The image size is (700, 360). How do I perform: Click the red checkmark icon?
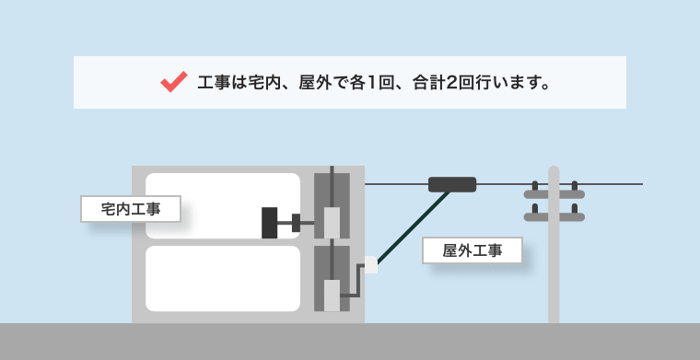click(x=174, y=82)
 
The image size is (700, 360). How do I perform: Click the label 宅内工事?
click(x=131, y=209)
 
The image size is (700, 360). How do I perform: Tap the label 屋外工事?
click(x=472, y=250)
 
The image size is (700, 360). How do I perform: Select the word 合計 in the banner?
click(x=428, y=83)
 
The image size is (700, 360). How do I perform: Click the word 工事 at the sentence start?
click(x=214, y=83)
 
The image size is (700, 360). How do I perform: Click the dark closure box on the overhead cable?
click(x=452, y=184)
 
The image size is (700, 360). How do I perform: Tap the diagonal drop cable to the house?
click(x=414, y=227)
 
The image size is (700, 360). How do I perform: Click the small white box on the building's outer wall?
click(x=371, y=264)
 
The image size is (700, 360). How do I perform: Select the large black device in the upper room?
click(x=269, y=223)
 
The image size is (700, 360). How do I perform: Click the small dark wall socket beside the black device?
click(x=296, y=223)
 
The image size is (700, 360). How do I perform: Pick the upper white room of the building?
click(x=223, y=205)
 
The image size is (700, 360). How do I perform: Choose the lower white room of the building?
click(x=223, y=278)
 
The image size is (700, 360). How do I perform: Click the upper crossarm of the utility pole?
click(x=554, y=194)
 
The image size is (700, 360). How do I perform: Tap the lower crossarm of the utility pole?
click(x=554, y=217)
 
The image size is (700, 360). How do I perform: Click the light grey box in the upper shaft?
click(x=332, y=223)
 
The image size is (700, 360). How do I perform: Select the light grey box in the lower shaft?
click(x=332, y=296)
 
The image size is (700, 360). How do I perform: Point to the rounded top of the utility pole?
click(x=554, y=169)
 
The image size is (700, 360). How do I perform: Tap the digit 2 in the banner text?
click(x=451, y=83)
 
